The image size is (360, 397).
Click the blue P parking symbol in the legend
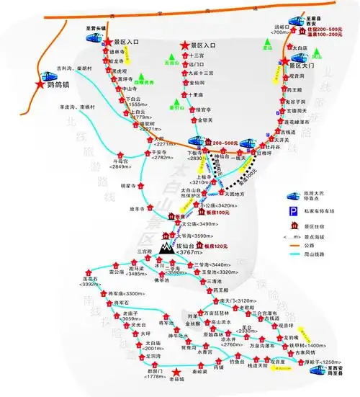[x=294, y=210]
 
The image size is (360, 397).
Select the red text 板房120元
[x=217, y=246]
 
